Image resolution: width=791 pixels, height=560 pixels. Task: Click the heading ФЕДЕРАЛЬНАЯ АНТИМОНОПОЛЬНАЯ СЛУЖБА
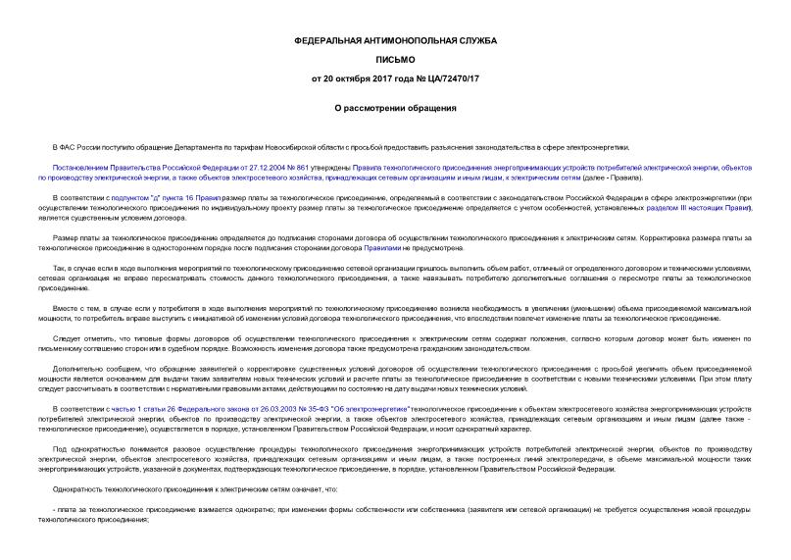[x=395, y=41]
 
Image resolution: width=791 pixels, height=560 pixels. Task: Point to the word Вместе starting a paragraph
[x=68, y=307]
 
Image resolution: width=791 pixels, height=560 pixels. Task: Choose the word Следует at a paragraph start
[x=69, y=337]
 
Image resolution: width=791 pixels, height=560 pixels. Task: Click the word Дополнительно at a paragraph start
[x=75, y=368]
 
